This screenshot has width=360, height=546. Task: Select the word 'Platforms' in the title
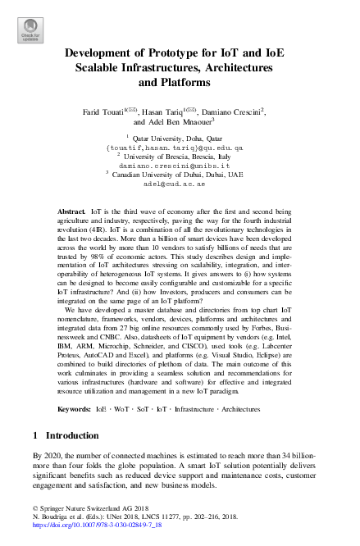(x=179, y=83)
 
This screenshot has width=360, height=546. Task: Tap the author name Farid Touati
(x=103, y=110)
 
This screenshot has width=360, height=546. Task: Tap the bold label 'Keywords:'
(x=75, y=408)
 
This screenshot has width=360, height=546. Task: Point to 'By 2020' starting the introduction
(x=45, y=455)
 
